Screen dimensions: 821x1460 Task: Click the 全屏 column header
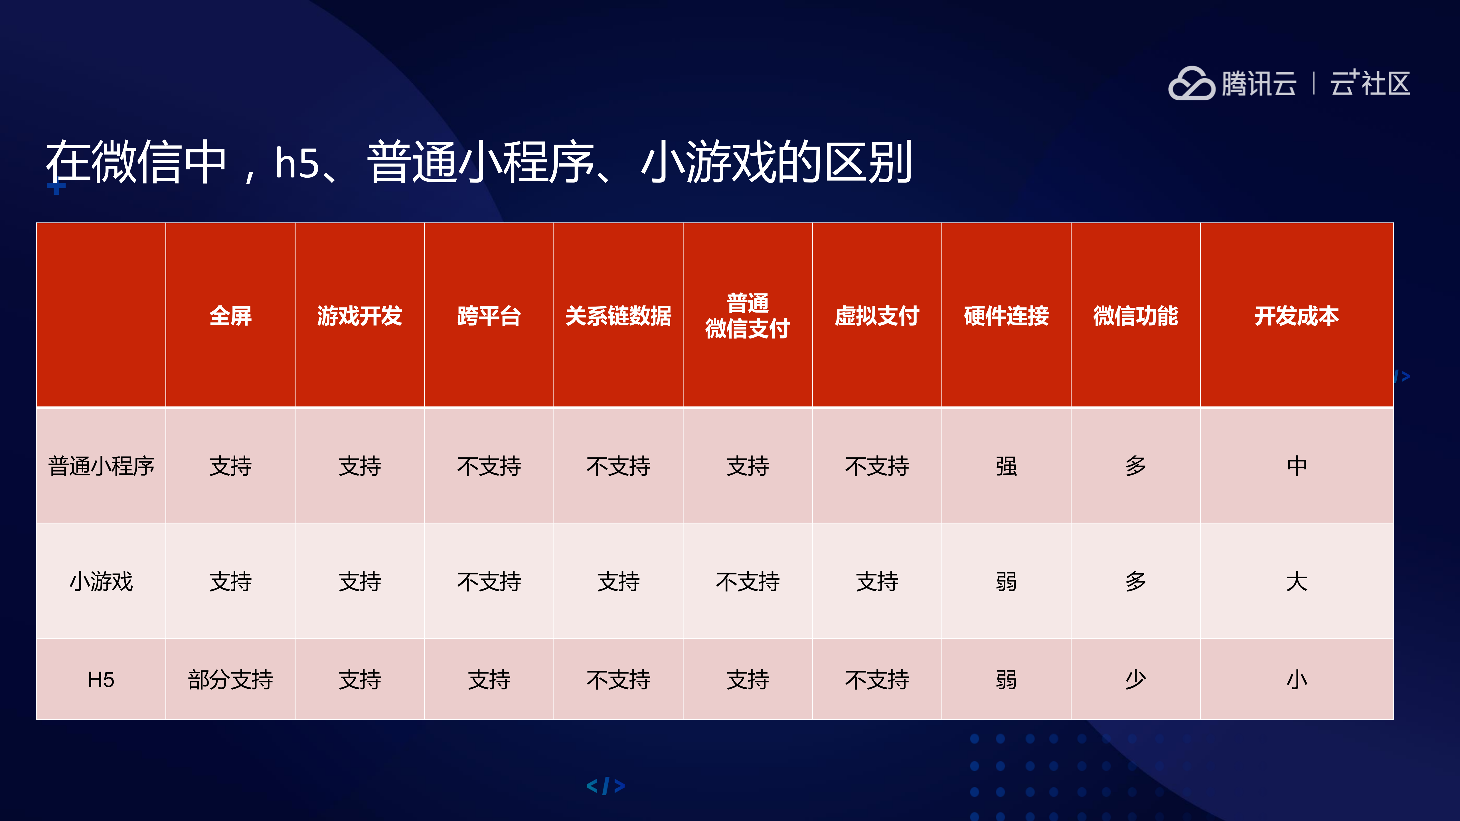230,316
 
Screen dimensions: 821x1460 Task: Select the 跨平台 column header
489,316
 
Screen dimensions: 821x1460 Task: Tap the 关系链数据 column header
618,316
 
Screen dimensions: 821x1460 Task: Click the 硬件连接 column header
1006,316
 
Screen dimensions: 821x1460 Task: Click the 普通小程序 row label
101,466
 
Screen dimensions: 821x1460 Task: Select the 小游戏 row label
101,581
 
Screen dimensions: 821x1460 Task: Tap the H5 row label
101,679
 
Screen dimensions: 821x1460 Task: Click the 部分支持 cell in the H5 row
230,679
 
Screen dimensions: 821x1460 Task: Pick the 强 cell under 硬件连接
1006,466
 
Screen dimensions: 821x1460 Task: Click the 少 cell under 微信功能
1135,679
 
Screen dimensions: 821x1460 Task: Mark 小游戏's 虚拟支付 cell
877,581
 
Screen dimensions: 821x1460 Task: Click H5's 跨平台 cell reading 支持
489,679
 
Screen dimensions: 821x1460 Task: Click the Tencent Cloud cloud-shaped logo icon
1191,84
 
